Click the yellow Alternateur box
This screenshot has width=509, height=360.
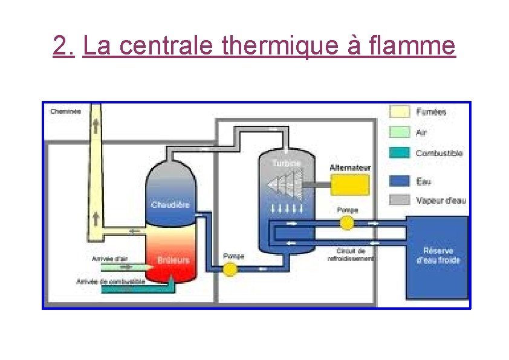349,185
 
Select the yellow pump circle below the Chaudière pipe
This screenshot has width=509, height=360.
229,269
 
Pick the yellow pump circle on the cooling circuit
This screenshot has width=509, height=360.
346,223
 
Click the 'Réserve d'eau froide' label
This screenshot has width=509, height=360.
438,255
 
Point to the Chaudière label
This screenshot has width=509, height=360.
170,205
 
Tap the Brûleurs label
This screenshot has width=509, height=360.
173,260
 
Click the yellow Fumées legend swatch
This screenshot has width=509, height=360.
399,111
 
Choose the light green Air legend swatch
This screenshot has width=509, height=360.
399,131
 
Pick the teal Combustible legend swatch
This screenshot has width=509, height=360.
399,152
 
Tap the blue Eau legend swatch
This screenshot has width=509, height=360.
399,181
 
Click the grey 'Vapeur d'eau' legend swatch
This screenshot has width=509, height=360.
399,200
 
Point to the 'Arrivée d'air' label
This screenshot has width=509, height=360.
109,258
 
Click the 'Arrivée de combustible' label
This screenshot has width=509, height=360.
110,281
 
